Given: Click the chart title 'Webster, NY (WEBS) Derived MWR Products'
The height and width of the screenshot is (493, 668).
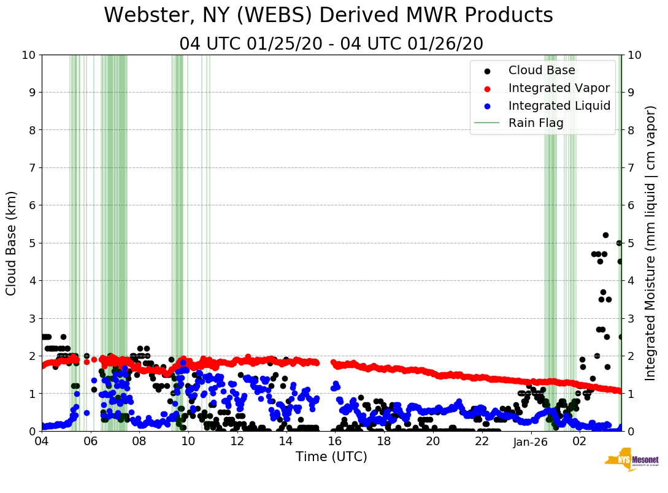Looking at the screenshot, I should pos(328,15).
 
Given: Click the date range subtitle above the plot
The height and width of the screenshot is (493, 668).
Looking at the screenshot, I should pos(331,44).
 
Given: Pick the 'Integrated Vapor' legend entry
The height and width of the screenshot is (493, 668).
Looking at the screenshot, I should pos(559,88).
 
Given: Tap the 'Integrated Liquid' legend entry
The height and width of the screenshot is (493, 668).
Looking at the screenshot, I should pos(559,105).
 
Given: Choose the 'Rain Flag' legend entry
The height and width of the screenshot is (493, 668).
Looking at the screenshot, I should pos(536,123).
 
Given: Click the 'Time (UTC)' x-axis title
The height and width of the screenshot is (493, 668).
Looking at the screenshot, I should pos(331,457).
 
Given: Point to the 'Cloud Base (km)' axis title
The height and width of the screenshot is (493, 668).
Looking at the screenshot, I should pos(12,243).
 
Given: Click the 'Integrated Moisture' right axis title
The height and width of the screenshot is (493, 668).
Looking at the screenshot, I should pos(651,243).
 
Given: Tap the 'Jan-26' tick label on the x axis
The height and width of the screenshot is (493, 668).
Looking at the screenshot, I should pos(531,441).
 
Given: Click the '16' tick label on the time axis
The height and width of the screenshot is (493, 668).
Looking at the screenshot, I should pos(335,441).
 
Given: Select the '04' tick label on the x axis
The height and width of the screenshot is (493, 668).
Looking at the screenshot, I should pos(42,441).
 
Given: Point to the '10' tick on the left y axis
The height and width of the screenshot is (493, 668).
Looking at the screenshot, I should pos(28,55).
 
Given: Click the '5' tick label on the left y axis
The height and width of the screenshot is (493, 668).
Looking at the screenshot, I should pos(32,243).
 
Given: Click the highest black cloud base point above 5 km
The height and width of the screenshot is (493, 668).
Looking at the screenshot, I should pos(605,235).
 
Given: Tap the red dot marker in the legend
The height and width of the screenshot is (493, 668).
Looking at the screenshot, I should pos(487,88).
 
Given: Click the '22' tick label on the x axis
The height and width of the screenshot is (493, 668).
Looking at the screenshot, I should pos(482,441).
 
